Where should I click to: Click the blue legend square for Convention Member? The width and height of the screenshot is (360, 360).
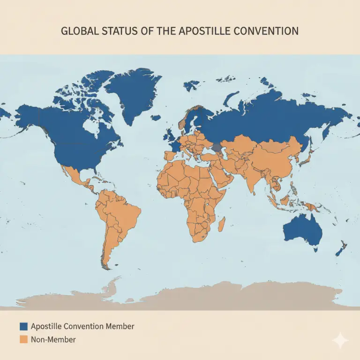[24, 326]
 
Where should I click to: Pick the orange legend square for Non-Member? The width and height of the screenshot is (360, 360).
[24, 339]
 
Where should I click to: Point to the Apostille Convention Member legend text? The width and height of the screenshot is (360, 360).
[82, 326]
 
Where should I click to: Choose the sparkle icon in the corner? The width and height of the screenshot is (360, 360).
[339, 341]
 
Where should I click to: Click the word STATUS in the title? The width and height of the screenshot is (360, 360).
[123, 31]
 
